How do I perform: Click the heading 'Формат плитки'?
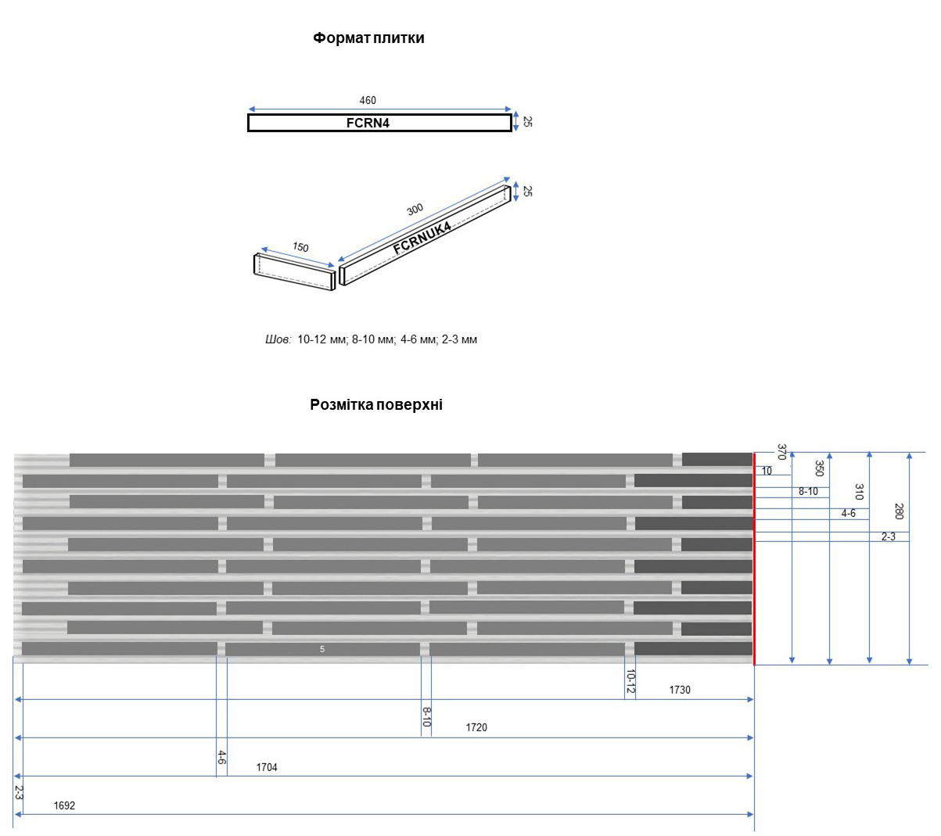tap(368, 38)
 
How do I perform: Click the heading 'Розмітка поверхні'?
tap(375, 404)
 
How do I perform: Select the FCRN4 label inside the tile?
tap(368, 123)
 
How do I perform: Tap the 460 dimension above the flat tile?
tap(368, 100)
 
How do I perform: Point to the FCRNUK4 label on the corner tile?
tap(422, 239)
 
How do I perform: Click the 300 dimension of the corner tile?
tap(415, 209)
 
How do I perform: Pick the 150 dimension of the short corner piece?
tap(300, 246)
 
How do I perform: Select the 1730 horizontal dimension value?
tap(680, 690)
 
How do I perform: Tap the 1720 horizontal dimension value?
tap(476, 727)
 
